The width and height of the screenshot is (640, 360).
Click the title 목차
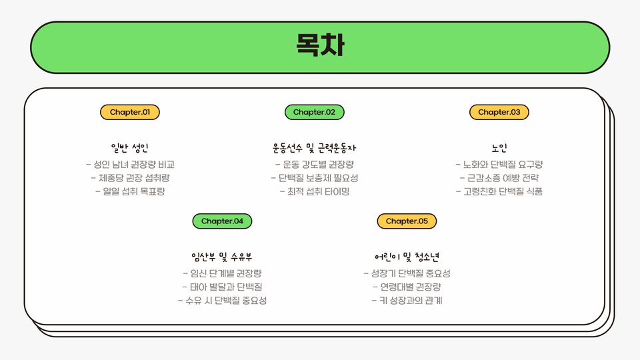tap(320, 45)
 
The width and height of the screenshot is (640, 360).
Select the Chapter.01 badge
tap(130, 112)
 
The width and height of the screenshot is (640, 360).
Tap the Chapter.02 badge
tap(315, 112)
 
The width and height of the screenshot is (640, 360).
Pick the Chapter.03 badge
tap(499, 112)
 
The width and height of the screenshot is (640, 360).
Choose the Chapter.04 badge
tap(222, 221)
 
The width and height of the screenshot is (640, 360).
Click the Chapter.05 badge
tap(407, 221)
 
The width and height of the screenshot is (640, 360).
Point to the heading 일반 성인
tap(130, 148)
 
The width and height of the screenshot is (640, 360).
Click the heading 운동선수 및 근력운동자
tap(315, 148)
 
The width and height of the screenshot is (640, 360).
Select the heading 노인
tap(499, 148)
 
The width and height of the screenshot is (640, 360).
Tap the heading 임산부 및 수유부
tap(222, 257)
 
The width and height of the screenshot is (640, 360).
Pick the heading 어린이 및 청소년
tap(407, 257)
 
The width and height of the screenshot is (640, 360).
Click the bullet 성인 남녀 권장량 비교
tap(130, 164)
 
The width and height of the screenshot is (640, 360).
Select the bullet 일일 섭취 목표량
tap(130, 191)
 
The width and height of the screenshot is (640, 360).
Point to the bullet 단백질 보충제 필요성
tap(315, 178)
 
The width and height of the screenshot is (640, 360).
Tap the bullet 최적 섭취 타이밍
tap(315, 191)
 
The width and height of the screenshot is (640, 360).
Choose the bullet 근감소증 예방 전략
tap(499, 178)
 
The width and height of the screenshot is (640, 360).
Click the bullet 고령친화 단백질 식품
tap(499, 191)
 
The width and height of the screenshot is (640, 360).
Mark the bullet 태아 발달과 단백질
tap(222, 287)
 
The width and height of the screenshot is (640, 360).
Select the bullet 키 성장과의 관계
tap(407, 301)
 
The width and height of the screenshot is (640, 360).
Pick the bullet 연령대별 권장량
tap(407, 287)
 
